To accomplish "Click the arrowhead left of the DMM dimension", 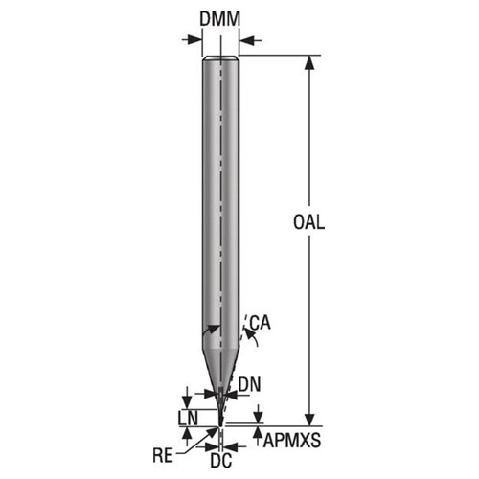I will [197, 39].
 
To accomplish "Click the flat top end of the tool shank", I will [220, 59].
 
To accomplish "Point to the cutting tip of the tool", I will [220, 422].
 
